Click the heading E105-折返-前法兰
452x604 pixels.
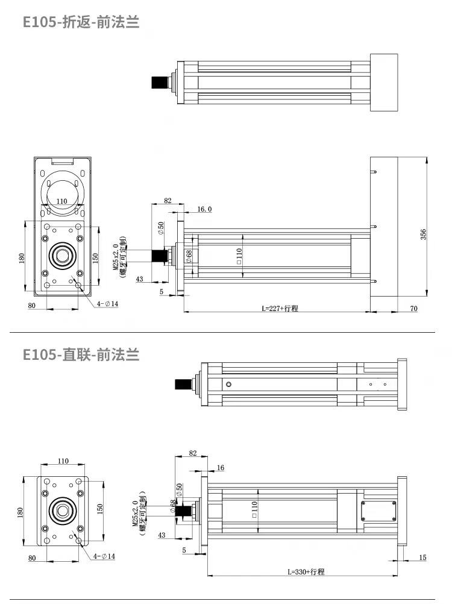[x=81, y=22]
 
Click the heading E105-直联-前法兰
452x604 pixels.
[x=81, y=354]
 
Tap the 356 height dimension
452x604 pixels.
[x=423, y=233]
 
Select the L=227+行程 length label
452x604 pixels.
[x=280, y=308]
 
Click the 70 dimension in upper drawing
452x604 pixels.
[x=413, y=308]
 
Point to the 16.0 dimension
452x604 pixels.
[x=205, y=209]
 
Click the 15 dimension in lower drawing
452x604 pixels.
[x=422, y=558]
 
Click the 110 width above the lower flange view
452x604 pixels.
[x=63, y=461]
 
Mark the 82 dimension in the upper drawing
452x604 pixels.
[x=168, y=200]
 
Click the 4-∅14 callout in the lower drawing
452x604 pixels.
[x=105, y=556]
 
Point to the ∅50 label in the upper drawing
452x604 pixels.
[x=161, y=228]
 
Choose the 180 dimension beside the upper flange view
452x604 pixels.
[x=22, y=258]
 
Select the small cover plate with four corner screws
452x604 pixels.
[x=378, y=511]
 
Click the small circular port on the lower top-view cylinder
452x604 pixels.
[x=228, y=385]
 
